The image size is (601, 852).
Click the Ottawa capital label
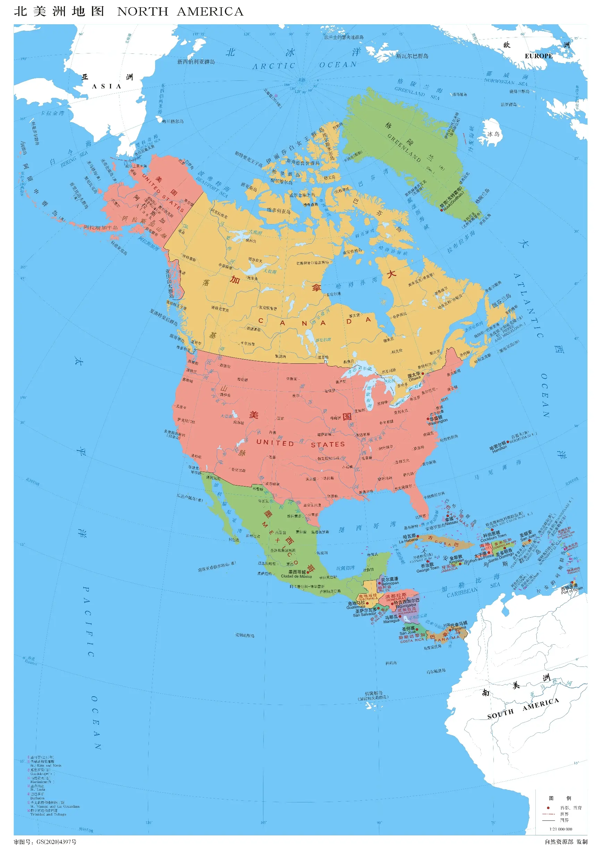pyautogui.click(x=414, y=379)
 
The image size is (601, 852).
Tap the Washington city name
pyautogui.click(x=438, y=422)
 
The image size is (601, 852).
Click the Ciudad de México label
pyautogui.click(x=296, y=576)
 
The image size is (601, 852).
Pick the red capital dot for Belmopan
pyautogui.click(x=379, y=583)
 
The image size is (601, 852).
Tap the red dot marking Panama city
pyautogui.click(x=450, y=629)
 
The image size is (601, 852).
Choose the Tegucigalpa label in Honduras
pyautogui.click(x=405, y=605)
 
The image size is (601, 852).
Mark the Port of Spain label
pyautogui.click(x=572, y=591)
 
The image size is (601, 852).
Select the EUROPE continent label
pyautogui.click(x=538, y=56)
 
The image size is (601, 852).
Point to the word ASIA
pyautogui.click(x=107, y=86)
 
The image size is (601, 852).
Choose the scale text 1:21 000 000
pyautogui.click(x=560, y=829)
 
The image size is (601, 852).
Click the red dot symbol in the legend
pyautogui.click(x=548, y=808)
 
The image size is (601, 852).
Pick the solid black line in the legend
pyautogui.click(x=548, y=820)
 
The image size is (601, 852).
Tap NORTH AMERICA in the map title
pyautogui.click(x=180, y=12)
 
